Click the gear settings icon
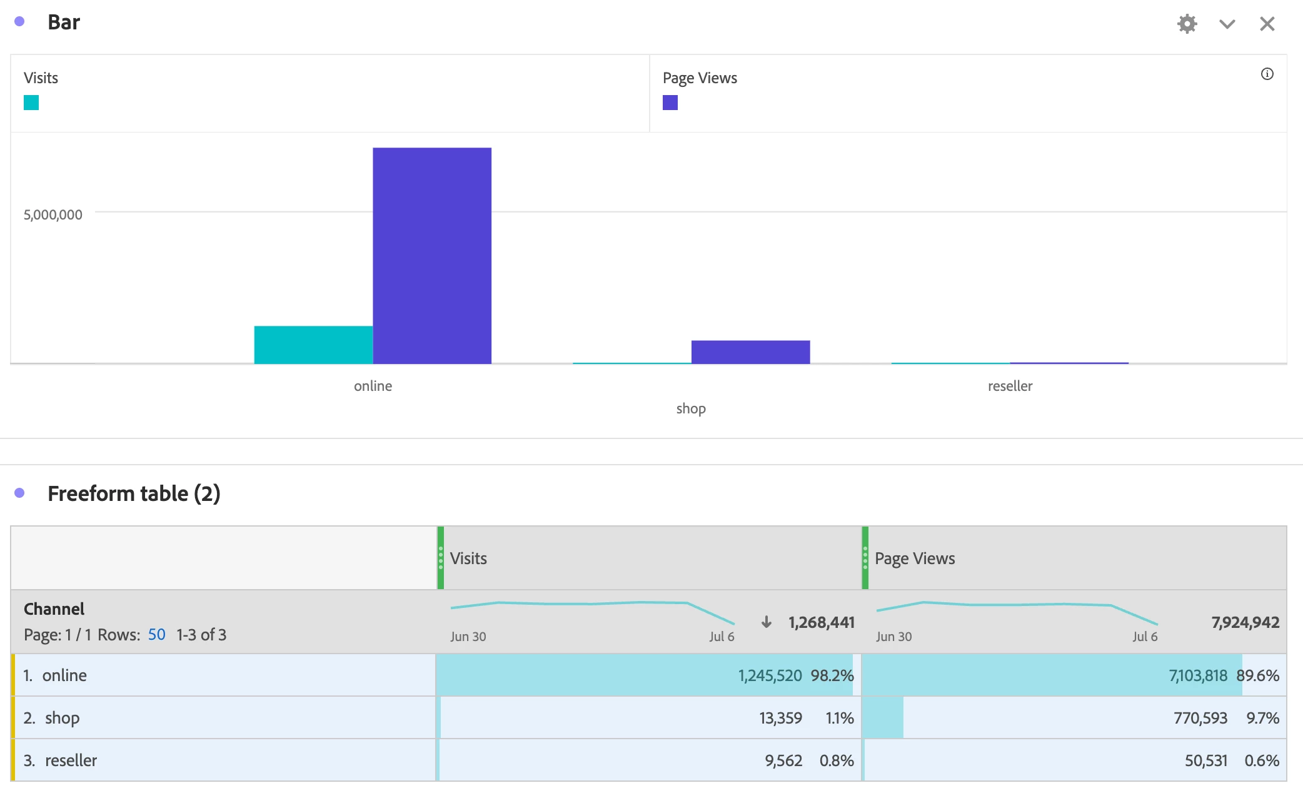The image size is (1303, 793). click(x=1187, y=24)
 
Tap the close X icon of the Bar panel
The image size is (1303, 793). click(x=1267, y=24)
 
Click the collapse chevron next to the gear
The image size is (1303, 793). click(x=1227, y=24)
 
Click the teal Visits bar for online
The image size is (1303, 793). click(x=313, y=345)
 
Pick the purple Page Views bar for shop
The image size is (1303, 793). click(x=750, y=351)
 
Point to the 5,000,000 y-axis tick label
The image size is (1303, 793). click(x=53, y=215)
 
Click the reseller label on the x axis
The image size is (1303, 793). click(x=1010, y=386)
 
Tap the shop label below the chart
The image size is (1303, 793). click(x=691, y=408)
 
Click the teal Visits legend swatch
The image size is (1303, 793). click(x=31, y=103)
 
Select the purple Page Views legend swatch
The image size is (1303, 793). click(x=670, y=103)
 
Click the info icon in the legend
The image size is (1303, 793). click(x=1267, y=74)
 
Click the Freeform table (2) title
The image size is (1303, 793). click(x=134, y=493)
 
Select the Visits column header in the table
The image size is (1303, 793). click(x=468, y=558)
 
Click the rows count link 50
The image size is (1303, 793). click(x=156, y=635)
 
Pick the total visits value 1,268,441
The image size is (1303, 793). click(x=821, y=622)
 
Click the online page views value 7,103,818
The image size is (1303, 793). click(x=1198, y=675)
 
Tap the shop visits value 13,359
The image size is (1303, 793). click(x=780, y=718)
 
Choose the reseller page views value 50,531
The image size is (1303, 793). click(x=1206, y=760)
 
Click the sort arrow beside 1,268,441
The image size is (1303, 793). click(x=767, y=622)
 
